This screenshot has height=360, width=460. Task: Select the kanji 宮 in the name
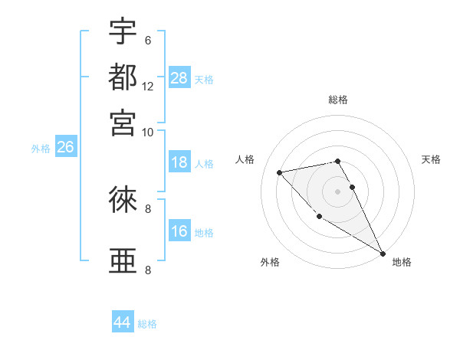pos(123,122)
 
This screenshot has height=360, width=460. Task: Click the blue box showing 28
pos(179,77)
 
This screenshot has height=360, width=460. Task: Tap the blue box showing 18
pos(179,162)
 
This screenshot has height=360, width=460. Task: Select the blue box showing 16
pos(179,231)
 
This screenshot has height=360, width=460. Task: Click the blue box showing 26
pos(65,147)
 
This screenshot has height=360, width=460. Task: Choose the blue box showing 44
pos(123,322)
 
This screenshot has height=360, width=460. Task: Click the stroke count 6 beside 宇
pos(148,41)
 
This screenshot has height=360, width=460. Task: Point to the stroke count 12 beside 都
pos(148,86)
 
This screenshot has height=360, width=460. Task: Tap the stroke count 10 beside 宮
pos(148,131)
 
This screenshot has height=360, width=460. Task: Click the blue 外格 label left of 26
pos(41,149)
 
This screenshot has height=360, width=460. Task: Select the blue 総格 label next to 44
pos(147,324)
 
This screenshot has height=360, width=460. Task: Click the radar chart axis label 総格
pos(338,100)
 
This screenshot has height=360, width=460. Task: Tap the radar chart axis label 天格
pos(431,159)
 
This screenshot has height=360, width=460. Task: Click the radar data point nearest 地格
pos(383,253)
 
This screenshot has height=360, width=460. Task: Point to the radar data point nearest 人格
pos(280,172)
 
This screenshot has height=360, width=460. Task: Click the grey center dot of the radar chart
pos(338,191)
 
